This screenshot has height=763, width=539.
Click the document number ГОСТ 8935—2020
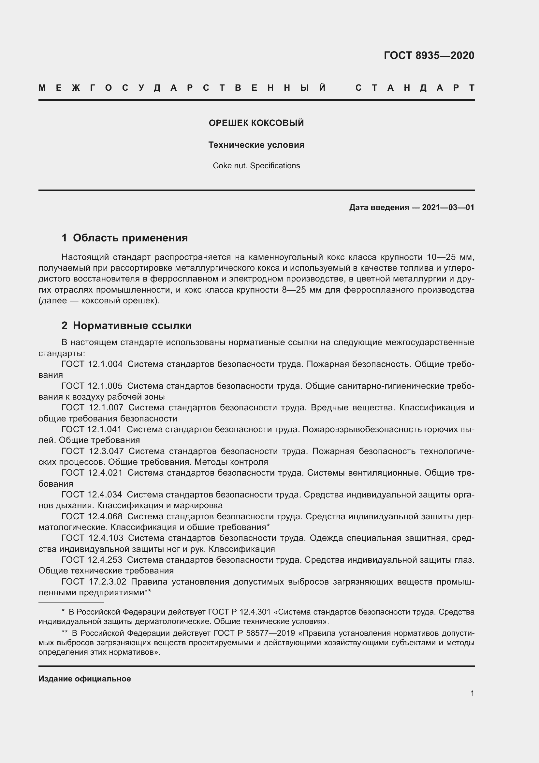pos(429,55)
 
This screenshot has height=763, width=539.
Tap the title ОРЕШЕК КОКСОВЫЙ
pos(256,123)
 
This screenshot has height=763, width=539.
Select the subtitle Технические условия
pos(256,145)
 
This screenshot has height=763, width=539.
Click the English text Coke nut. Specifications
pos(256,166)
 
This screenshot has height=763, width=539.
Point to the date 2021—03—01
pos(448,208)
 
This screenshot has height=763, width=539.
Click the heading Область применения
pos(130,238)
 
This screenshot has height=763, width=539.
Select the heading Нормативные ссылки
pos(132,326)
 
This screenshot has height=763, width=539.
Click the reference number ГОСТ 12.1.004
pos(92,364)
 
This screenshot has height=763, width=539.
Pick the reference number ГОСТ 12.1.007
pos(92,408)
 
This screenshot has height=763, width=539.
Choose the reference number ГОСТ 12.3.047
pos(92,451)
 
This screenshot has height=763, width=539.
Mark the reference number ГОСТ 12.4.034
pos(92,495)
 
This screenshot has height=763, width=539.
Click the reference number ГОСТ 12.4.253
pos(92,560)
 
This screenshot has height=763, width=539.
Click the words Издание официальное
pos(85,679)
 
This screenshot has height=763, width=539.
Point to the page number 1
pos(472,694)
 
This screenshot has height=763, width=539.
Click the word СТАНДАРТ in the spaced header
pos(415,88)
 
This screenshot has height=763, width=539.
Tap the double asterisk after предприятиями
pos(148,592)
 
